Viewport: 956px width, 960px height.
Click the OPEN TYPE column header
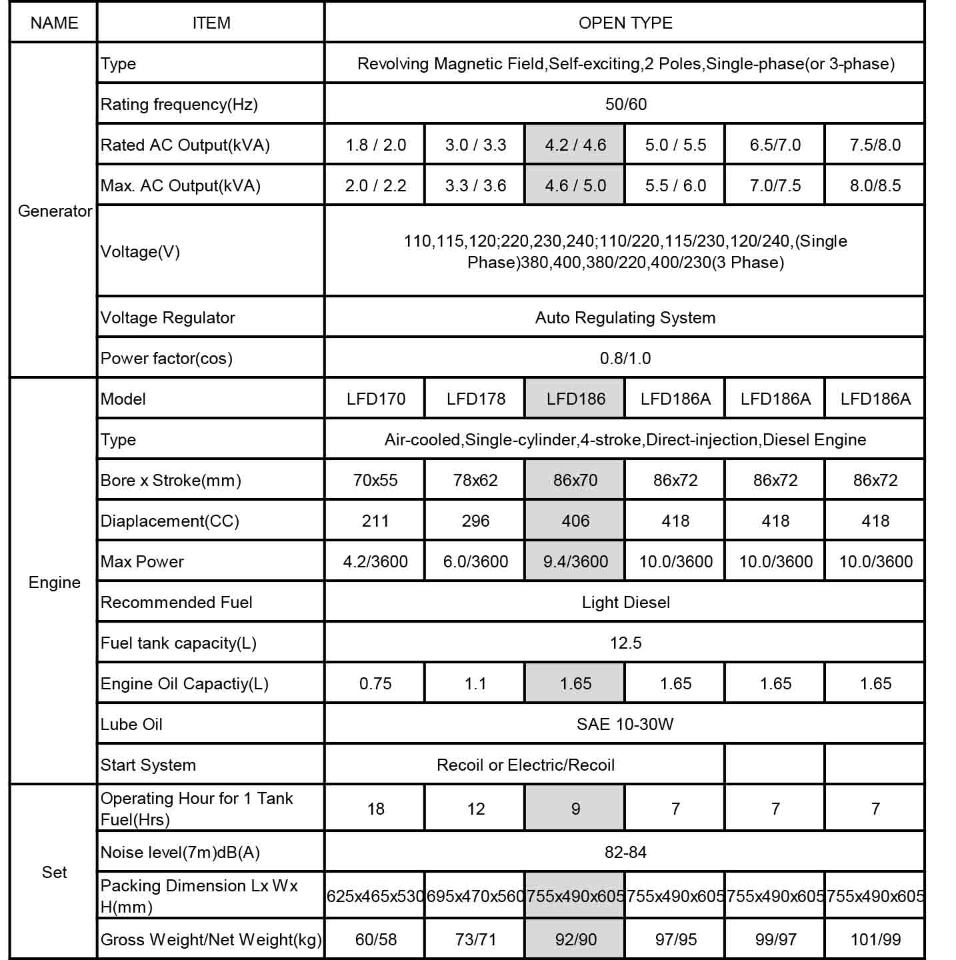[x=625, y=23]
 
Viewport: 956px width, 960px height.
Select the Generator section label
[x=55, y=211]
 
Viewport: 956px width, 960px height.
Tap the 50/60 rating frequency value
[x=625, y=105]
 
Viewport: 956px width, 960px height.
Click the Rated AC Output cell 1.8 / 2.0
[x=375, y=145]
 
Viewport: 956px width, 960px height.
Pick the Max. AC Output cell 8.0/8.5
[x=875, y=186]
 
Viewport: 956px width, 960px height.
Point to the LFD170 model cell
[x=375, y=399]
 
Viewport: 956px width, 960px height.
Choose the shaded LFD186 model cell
[x=575, y=399]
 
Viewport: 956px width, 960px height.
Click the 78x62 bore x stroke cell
[x=475, y=481]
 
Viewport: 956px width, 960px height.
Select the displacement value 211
[x=375, y=521]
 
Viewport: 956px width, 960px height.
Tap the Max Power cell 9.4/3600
[x=575, y=562]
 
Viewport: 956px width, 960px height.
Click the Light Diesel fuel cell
[x=625, y=603]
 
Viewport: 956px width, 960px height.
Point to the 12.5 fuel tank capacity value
[x=625, y=643]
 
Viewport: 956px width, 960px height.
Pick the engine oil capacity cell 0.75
[x=375, y=684]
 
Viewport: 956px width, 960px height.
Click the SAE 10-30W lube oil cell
[x=625, y=725]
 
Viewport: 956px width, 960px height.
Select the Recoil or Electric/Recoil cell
[x=525, y=765]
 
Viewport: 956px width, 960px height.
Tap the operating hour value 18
[x=375, y=809]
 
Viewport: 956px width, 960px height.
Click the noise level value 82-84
[x=625, y=853]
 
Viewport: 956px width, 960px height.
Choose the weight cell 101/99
[x=875, y=940]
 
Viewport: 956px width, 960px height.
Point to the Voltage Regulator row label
[x=167, y=318]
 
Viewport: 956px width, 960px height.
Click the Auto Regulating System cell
[x=625, y=318]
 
